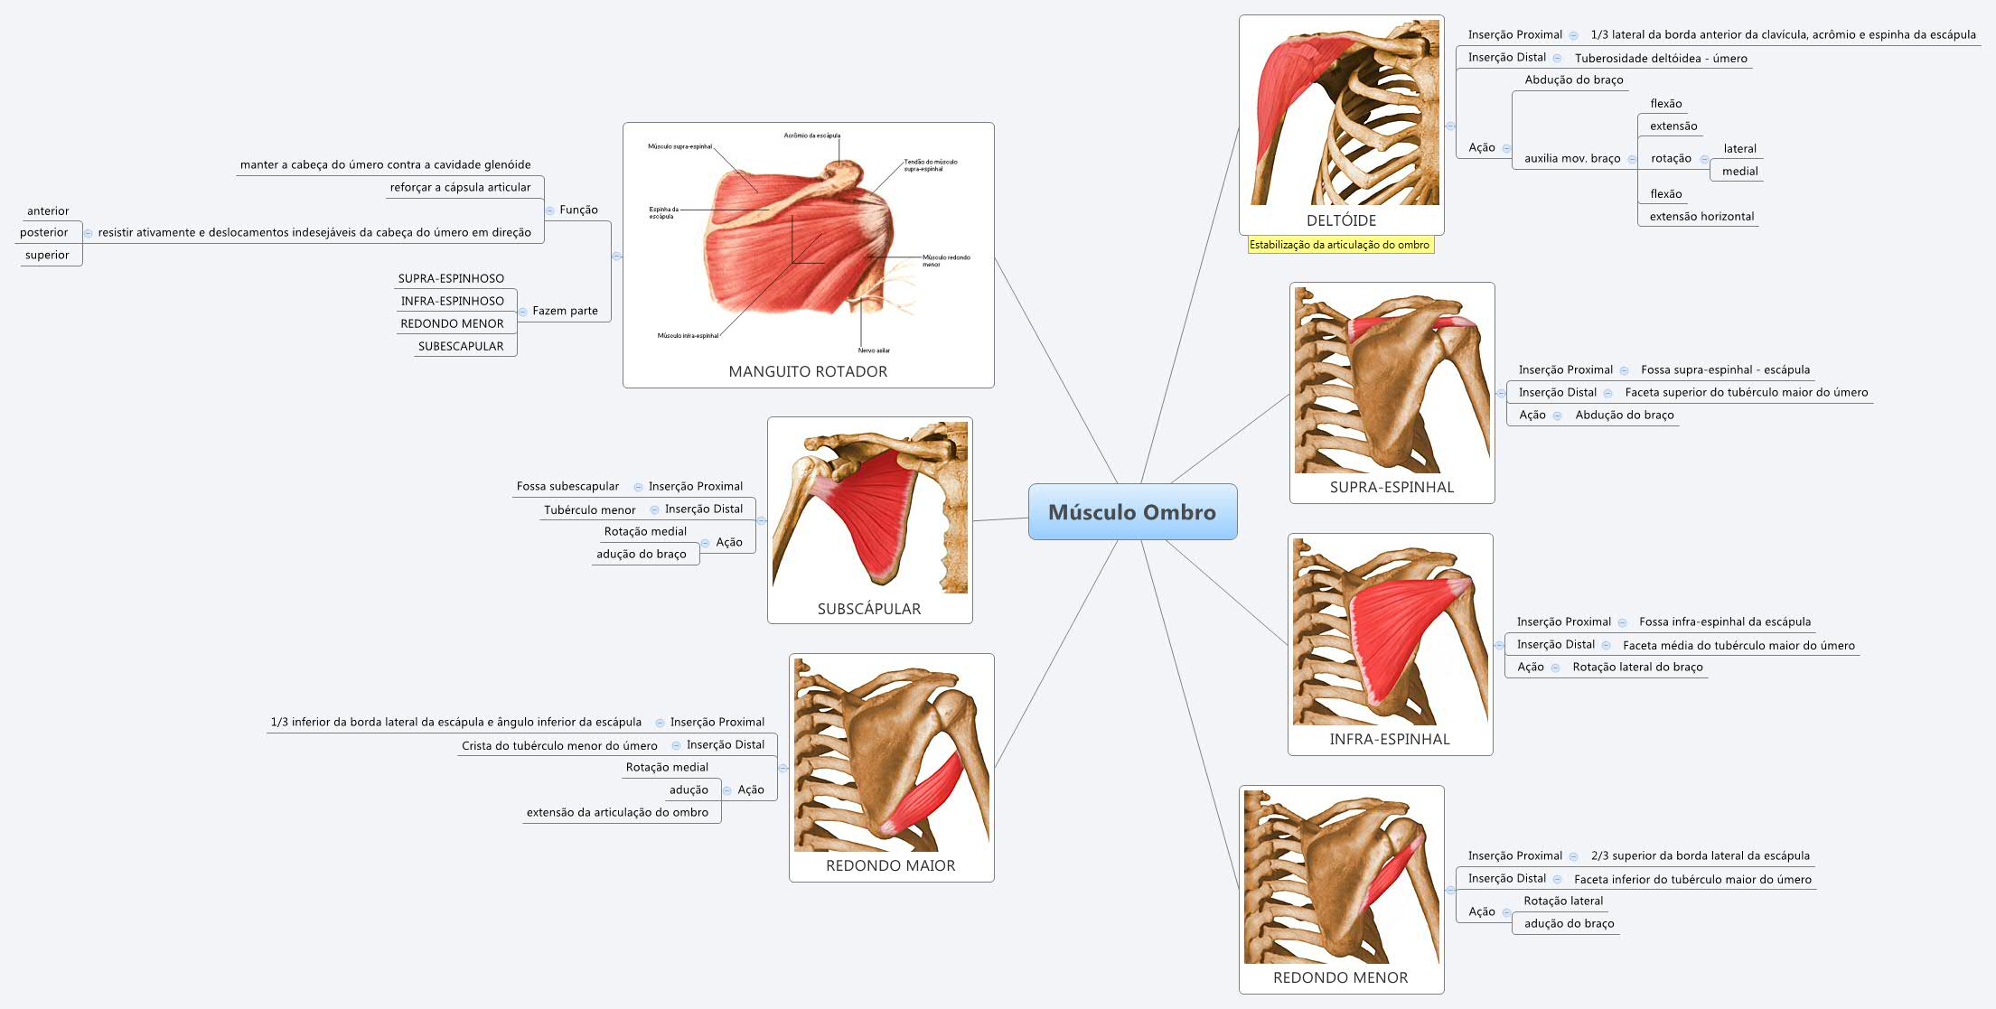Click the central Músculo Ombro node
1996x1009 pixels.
[x=1132, y=512]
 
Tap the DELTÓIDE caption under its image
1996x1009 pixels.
[x=1341, y=220]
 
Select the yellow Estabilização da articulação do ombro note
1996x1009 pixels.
[x=1339, y=245]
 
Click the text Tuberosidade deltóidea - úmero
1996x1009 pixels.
[x=1661, y=59]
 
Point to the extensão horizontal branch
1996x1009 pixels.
[x=1701, y=217]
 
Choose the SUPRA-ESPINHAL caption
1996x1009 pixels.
[x=1392, y=488]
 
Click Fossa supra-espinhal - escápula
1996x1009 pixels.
[x=1725, y=370]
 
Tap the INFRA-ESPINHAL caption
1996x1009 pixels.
[x=1390, y=740]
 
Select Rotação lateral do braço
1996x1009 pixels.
[x=1637, y=668]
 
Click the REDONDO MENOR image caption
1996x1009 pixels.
[x=1340, y=978]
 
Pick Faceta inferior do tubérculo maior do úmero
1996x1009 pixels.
[x=1692, y=880]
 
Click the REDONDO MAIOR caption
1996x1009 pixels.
[x=890, y=866]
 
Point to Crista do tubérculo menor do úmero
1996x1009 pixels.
[x=559, y=746]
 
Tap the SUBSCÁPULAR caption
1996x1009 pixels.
[x=869, y=610]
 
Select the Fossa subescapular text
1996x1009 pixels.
[x=567, y=487]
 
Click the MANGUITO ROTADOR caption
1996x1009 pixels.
[x=808, y=372]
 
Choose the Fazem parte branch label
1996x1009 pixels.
[x=565, y=312]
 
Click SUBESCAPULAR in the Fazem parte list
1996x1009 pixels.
[x=461, y=347]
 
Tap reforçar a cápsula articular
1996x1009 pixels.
[x=460, y=188]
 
